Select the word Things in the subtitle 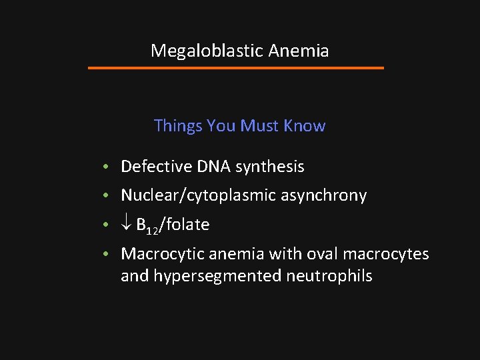pos(178,126)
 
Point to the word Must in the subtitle pos(261,126)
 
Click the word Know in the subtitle pos(305,126)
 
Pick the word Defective pos(154,167)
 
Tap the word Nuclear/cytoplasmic pos(194,195)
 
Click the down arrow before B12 pos(126,225)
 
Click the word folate pos(188,225)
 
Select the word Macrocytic pos(162,254)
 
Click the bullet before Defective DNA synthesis pos(107,167)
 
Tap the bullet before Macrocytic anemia pos(107,254)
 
